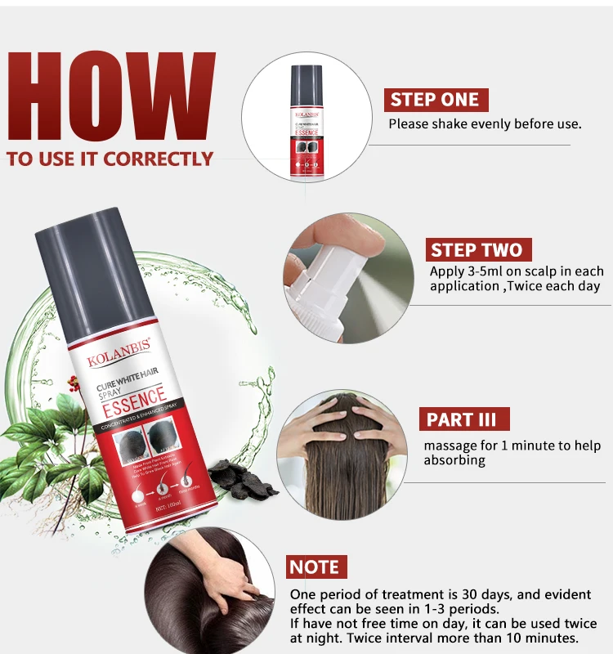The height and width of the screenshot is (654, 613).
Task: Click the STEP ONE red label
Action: coord(435,100)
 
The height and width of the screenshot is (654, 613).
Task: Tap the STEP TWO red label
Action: coord(477,249)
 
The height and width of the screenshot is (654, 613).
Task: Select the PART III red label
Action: coord(463,420)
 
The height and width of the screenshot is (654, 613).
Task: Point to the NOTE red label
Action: coord(315,567)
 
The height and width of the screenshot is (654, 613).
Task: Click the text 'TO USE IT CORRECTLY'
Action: coord(110,159)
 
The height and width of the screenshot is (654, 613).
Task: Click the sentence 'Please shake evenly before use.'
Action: coord(485,124)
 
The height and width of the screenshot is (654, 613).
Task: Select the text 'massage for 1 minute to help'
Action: coord(512,446)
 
